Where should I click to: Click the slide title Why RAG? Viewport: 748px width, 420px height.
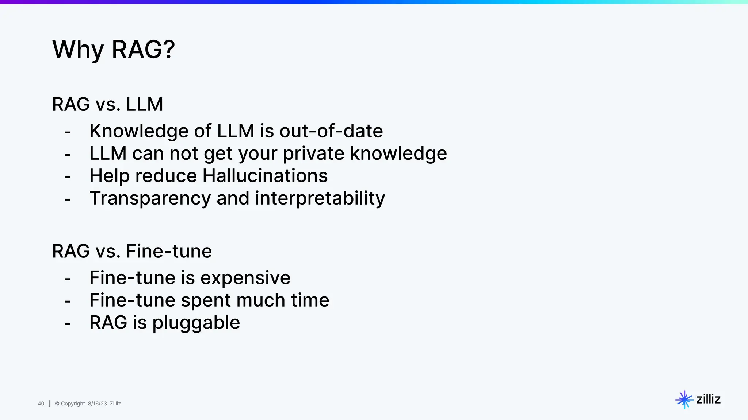[114, 50]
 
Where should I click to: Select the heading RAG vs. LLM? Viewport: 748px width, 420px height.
[107, 104]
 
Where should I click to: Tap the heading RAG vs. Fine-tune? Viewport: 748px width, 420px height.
[132, 251]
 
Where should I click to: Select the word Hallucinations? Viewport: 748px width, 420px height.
[265, 176]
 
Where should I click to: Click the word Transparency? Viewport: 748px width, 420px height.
[150, 199]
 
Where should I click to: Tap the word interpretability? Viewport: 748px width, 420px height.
[320, 198]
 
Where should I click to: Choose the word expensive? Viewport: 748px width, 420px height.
[245, 278]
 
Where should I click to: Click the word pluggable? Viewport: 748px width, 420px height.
[196, 323]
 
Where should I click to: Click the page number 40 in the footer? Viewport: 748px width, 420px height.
[41, 404]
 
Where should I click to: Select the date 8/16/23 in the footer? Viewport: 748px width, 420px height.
[97, 404]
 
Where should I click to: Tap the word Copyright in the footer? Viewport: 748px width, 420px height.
[73, 404]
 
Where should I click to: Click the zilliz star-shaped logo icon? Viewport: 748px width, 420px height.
[684, 400]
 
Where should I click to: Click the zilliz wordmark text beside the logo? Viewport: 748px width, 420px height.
[708, 399]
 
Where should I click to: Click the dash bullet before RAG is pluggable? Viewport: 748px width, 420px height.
[67, 324]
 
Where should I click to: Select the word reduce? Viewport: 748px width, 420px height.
[166, 176]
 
